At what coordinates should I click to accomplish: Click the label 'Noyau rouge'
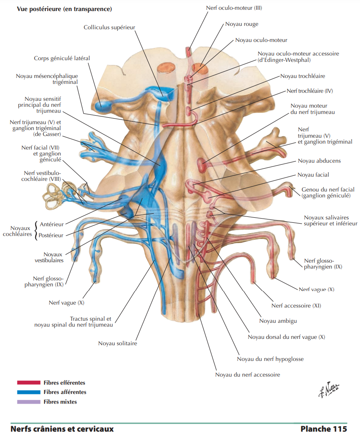click(241, 24)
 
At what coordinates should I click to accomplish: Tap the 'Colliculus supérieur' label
click(109, 27)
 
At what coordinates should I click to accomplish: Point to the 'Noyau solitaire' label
click(117, 344)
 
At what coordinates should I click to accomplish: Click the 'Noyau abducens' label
click(319, 161)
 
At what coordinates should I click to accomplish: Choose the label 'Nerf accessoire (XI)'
click(297, 305)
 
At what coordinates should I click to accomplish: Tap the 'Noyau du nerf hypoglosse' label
click(270, 359)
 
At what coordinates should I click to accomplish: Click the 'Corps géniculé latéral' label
click(62, 58)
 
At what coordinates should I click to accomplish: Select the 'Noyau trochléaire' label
click(302, 76)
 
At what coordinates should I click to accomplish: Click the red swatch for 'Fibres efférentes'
click(28, 383)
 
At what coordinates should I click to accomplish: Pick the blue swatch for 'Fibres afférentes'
click(28, 392)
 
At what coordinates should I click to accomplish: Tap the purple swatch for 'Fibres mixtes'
click(28, 402)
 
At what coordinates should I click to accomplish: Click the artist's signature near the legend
click(329, 388)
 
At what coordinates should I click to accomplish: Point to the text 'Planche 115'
click(324, 429)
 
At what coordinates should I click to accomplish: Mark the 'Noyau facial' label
click(313, 175)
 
